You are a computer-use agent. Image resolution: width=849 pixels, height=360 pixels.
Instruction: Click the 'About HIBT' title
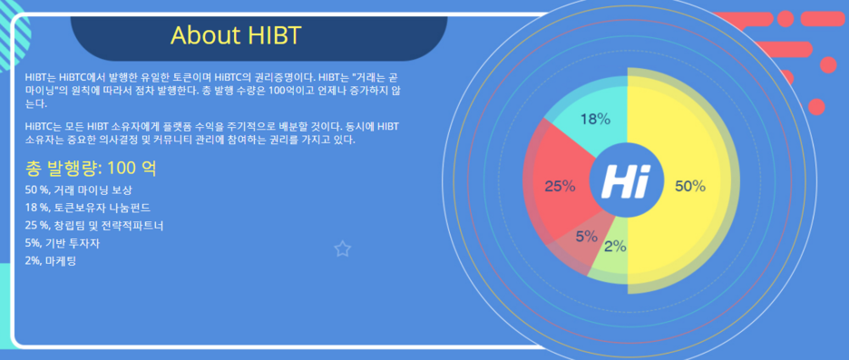point(236,35)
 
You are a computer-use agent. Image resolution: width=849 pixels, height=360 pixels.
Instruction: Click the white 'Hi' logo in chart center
point(625,181)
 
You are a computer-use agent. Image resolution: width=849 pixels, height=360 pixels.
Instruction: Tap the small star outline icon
point(342,249)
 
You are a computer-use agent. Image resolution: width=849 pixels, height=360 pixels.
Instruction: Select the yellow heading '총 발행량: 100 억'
point(91,168)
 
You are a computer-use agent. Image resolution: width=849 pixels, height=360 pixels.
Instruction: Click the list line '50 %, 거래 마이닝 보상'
point(79,190)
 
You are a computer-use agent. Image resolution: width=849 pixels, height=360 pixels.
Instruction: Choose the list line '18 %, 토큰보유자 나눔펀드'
point(88,208)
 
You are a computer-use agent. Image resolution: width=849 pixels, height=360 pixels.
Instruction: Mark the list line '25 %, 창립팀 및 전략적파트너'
point(94,225)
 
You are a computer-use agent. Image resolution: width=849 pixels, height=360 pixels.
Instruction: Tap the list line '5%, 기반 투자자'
point(63,243)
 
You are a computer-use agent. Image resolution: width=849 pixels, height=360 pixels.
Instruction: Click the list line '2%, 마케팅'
point(51,260)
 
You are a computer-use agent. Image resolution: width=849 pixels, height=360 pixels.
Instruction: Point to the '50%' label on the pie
point(690,186)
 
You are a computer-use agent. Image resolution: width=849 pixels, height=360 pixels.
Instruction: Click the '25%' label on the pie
point(560,186)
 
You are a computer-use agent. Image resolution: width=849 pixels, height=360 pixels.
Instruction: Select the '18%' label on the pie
point(596,119)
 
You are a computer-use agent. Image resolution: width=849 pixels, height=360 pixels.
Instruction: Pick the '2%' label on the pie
point(615,247)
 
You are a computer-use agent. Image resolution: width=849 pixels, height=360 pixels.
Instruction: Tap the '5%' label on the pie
point(586,237)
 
